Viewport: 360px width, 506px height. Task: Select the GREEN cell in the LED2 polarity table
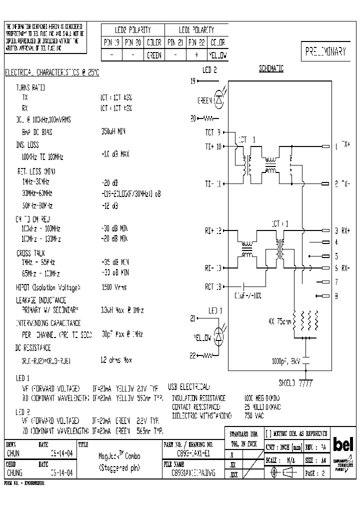coord(153,55)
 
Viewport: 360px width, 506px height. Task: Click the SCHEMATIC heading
coord(271,69)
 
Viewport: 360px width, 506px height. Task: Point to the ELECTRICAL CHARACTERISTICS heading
coord(52,72)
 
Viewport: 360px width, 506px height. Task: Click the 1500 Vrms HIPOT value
coord(114,287)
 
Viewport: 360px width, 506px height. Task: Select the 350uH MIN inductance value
coord(113,132)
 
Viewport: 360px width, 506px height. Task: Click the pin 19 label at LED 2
coord(193,80)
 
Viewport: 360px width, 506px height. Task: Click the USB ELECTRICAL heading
coord(189,387)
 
